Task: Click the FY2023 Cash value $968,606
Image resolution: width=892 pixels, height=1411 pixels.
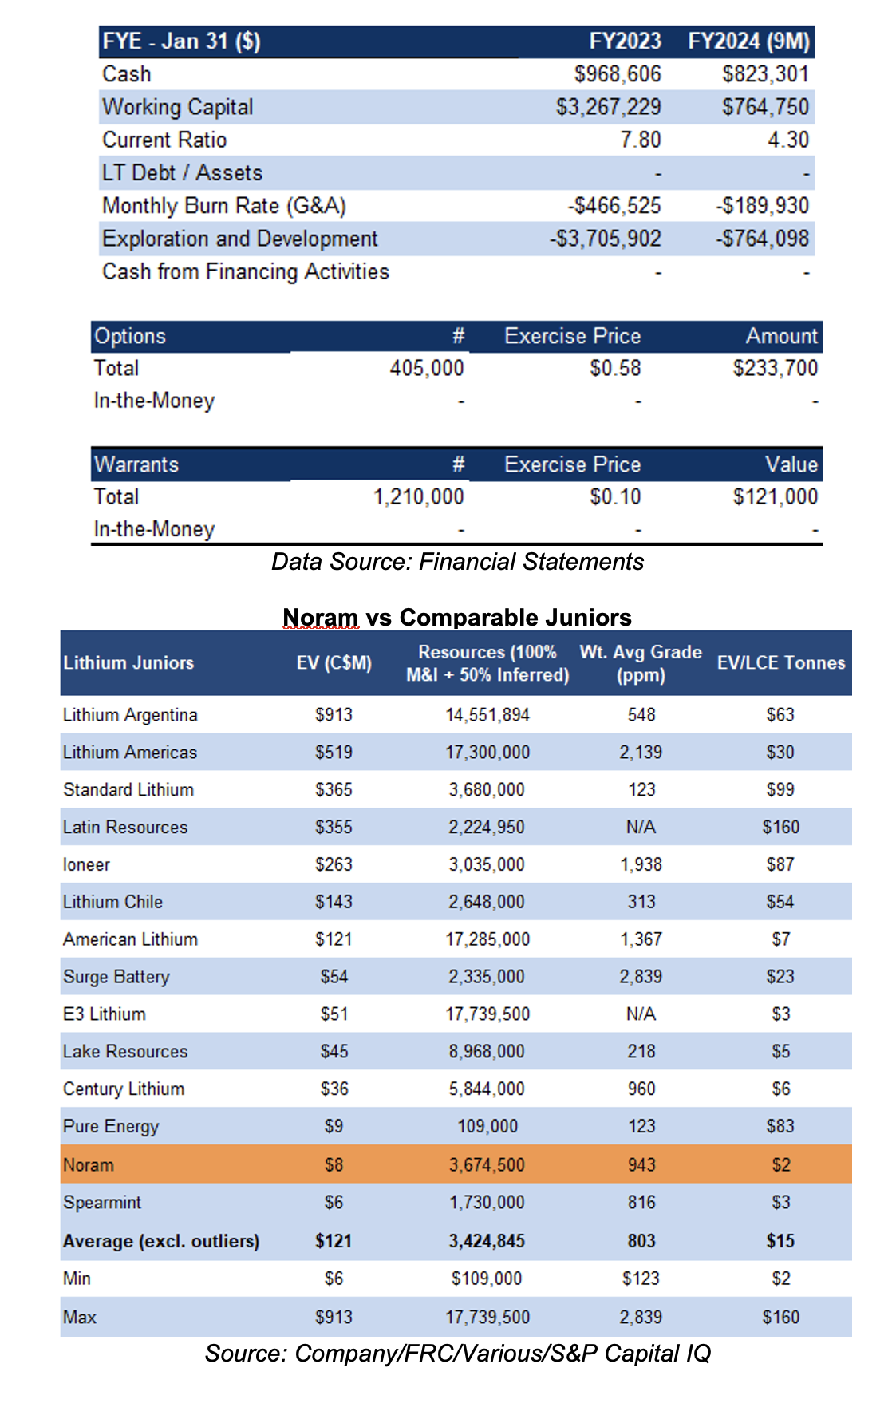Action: click(618, 74)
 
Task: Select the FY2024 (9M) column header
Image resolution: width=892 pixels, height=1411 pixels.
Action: click(749, 41)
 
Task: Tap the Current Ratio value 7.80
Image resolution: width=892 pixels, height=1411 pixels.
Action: click(641, 140)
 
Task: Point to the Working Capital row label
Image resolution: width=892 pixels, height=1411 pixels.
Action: click(178, 107)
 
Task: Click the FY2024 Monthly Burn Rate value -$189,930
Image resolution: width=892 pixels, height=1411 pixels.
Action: click(763, 206)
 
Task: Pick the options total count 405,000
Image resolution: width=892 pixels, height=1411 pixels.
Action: click(427, 368)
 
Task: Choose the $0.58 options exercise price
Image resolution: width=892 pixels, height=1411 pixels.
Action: click(615, 368)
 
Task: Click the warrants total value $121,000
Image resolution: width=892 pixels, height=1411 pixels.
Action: click(776, 496)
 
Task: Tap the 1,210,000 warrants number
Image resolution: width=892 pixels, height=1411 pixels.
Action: click(419, 496)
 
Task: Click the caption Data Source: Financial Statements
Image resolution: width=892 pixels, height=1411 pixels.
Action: click(457, 562)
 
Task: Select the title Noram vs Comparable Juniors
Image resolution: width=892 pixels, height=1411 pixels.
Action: click(457, 617)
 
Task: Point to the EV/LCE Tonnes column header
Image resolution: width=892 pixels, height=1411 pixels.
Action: click(781, 662)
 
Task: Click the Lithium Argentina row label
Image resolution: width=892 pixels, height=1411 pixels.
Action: click(130, 715)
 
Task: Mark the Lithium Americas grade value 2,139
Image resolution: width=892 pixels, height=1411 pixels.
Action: click(641, 753)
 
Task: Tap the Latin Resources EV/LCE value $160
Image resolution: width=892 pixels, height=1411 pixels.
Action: click(781, 827)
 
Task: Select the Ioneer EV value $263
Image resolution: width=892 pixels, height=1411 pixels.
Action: click(334, 864)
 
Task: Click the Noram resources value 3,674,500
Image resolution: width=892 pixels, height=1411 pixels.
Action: click(487, 1164)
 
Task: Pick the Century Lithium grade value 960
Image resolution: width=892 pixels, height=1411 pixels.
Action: click(641, 1089)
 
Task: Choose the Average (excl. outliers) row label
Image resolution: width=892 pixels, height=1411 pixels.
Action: click(161, 1241)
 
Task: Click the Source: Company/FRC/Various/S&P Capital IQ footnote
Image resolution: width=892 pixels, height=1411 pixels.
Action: click(457, 1354)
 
